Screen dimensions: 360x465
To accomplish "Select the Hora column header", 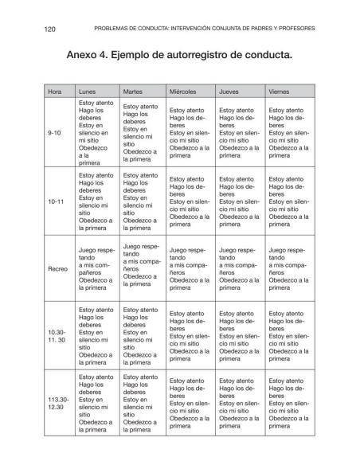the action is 55,92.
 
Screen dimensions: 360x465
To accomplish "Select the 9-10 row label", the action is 56,133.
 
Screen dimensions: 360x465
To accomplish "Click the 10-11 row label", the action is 57,201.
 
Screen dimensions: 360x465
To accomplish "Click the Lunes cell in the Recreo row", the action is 95,269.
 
